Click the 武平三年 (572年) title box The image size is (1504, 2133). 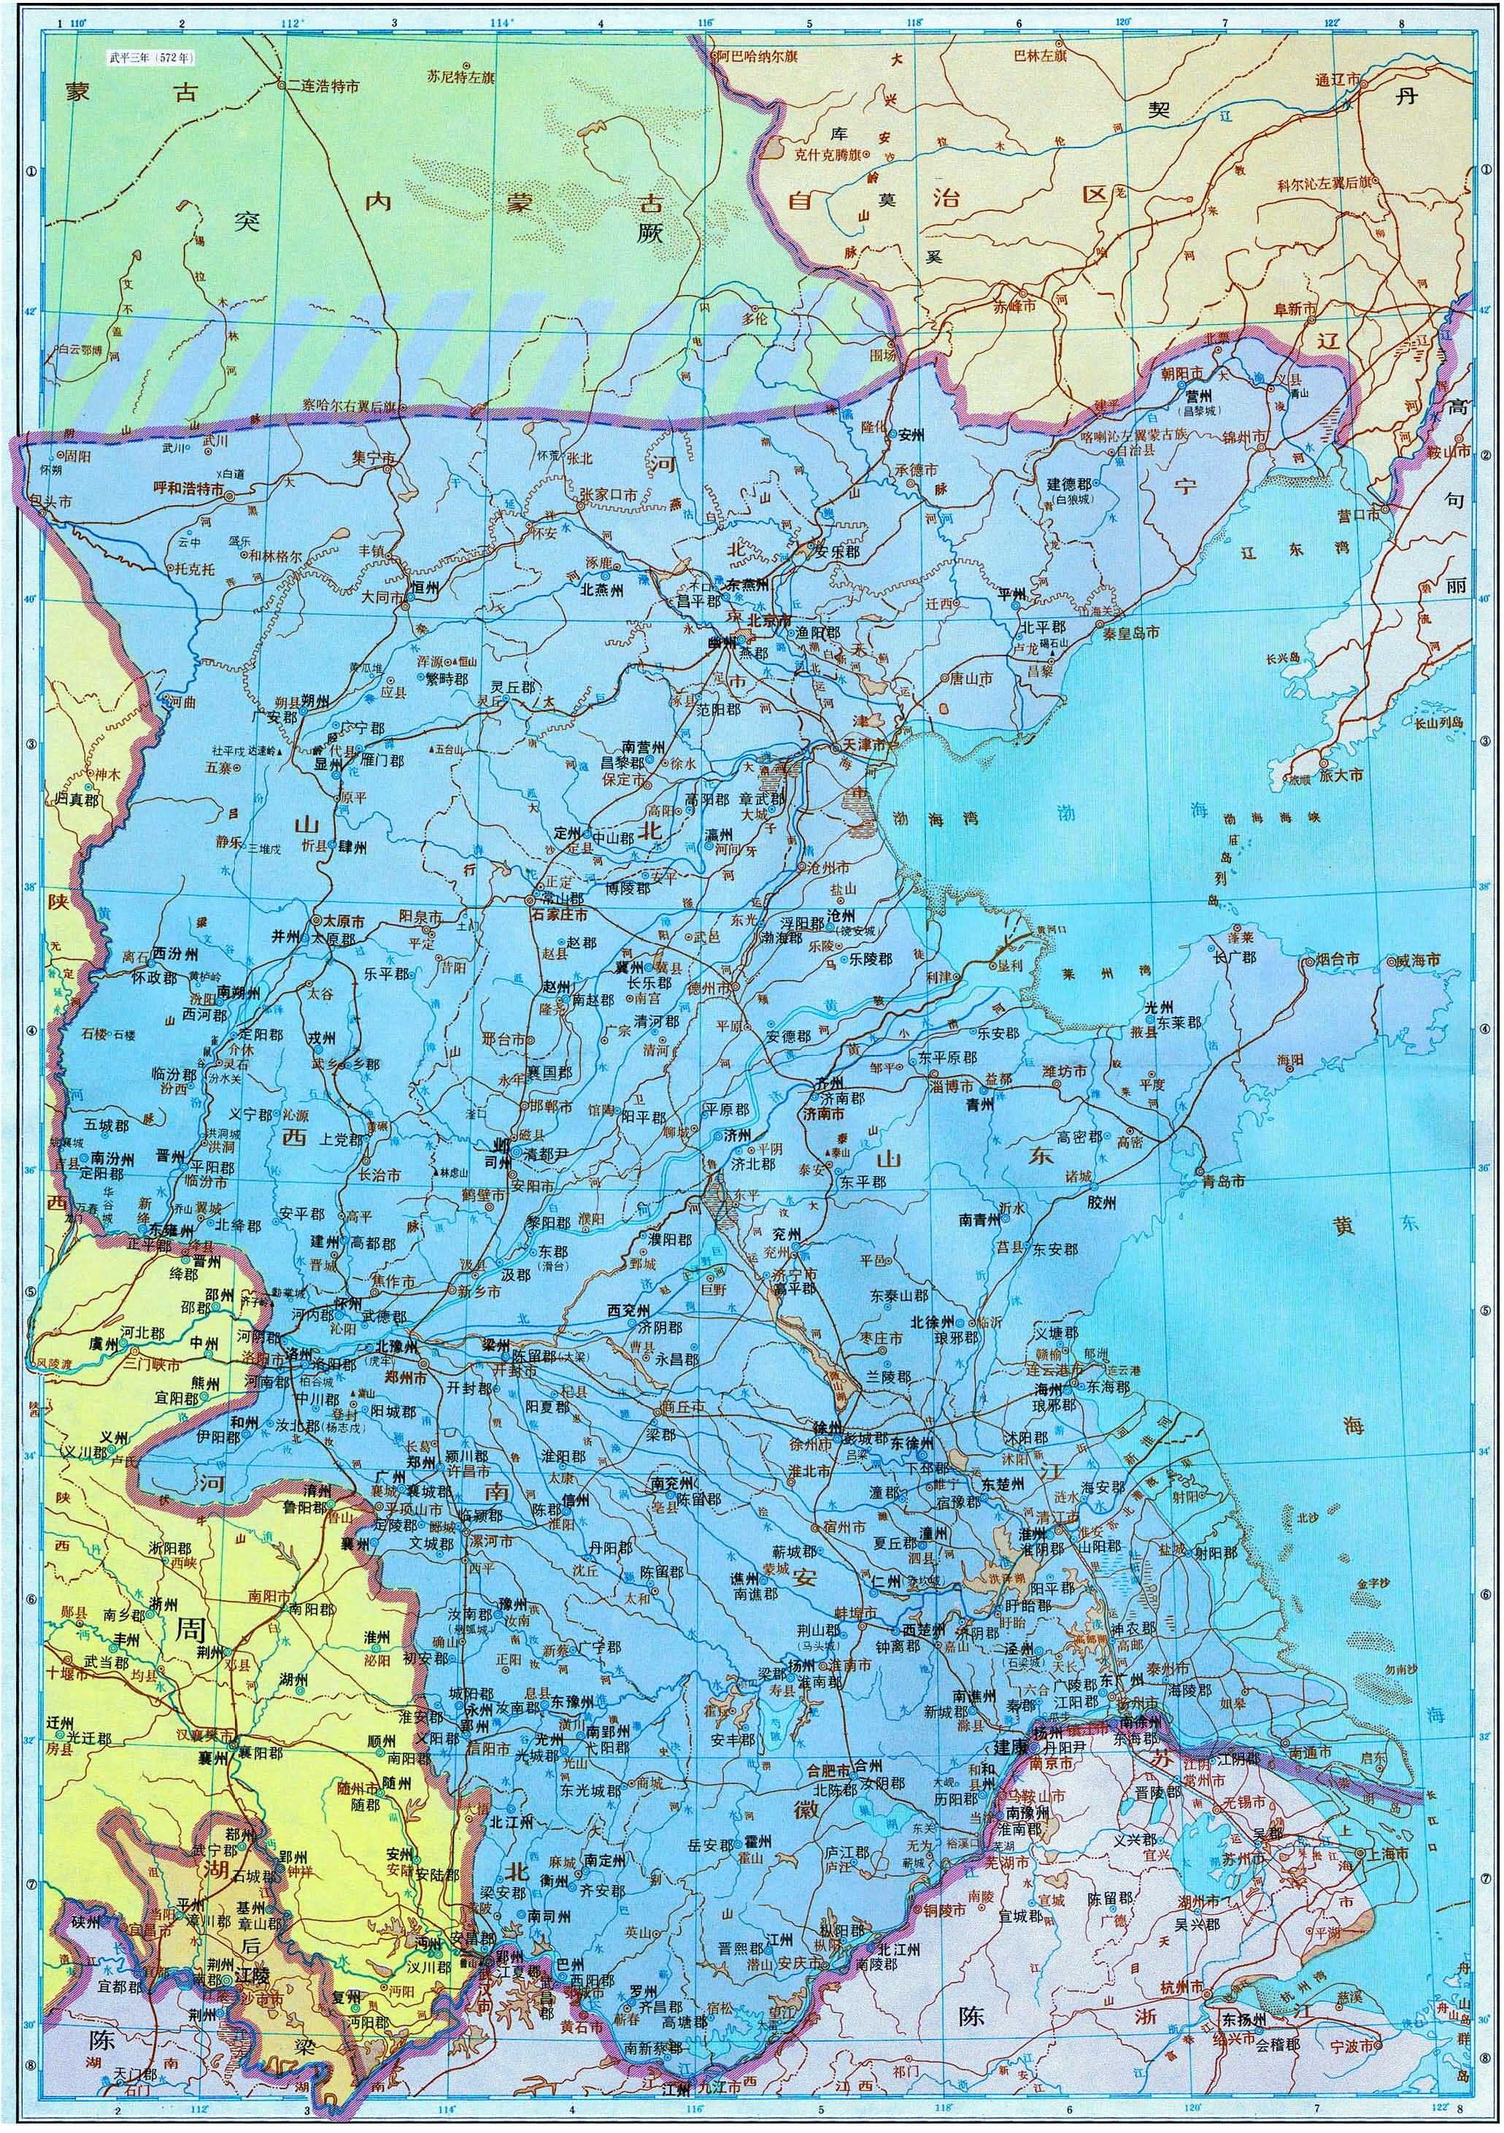tap(152, 58)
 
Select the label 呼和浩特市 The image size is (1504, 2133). tap(186, 487)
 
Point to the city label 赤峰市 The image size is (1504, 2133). tap(1014, 304)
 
